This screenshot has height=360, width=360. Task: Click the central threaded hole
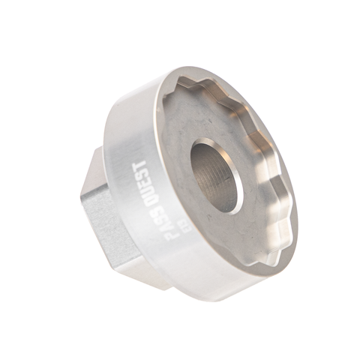(216, 176)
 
